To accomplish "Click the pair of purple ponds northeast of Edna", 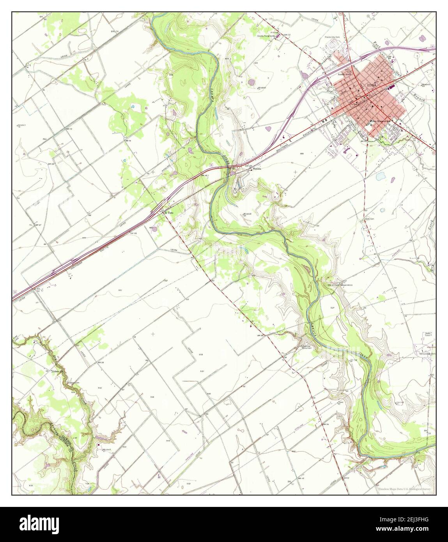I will click(x=421, y=39).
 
